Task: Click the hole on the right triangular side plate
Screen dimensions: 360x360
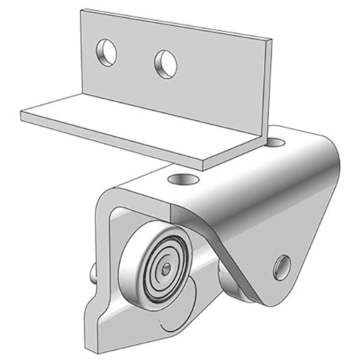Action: (282, 267)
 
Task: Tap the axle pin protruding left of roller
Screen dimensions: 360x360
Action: (93, 271)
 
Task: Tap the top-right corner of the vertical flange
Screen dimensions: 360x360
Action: (271, 40)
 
